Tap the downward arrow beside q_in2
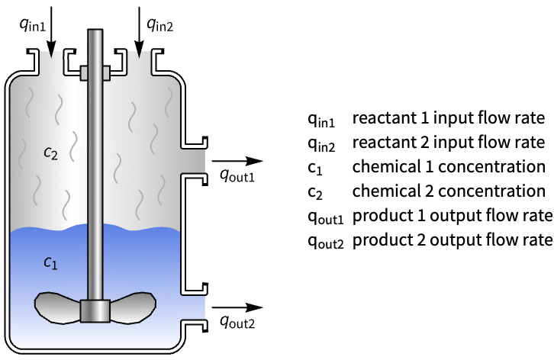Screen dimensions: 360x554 coord(139,31)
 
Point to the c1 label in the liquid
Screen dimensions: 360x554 coord(50,263)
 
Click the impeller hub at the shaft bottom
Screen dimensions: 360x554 coord(95,310)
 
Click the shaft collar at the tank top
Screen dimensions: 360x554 coord(95,72)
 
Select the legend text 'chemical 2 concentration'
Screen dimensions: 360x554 coord(447,191)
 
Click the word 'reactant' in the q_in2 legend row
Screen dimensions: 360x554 coord(378,143)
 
